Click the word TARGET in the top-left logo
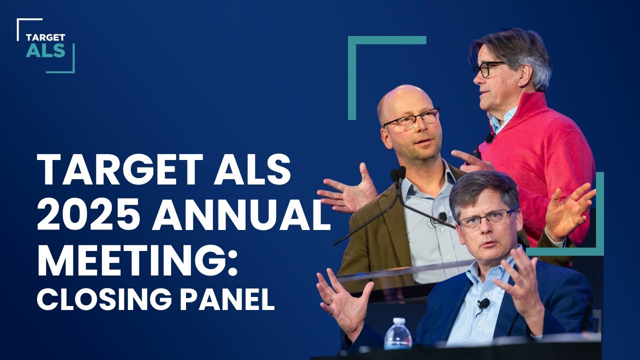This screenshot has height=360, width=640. pos(45,37)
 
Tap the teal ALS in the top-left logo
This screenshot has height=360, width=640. pos(45,50)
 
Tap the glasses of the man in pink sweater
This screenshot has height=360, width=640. pos(487,69)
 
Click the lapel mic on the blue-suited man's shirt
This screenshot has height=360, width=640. pos(483,303)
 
